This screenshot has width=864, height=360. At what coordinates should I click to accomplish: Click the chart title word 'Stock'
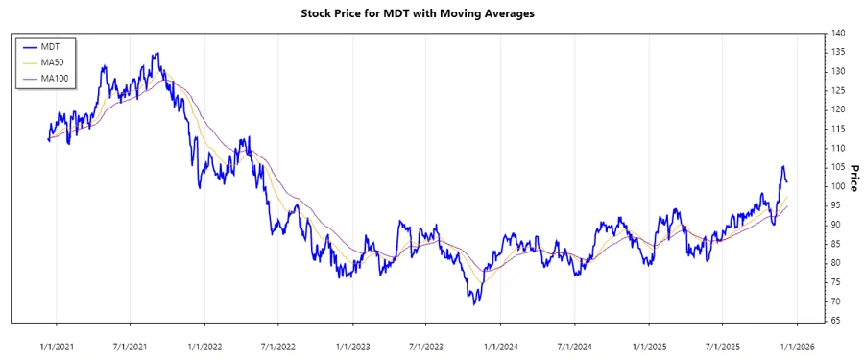point(319,14)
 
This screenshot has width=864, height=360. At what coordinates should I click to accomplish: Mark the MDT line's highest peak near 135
point(156,53)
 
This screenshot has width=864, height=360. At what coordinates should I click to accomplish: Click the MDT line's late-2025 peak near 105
point(782,167)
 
